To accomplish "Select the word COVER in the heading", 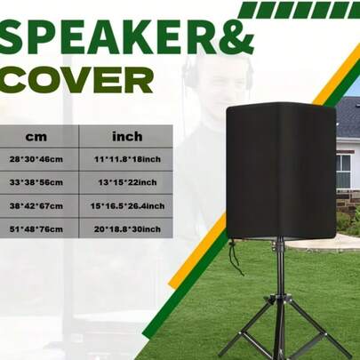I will click(76, 80).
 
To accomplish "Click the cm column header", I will click(36, 137).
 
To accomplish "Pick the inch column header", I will click(127, 137).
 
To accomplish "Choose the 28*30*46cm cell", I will click(37, 159).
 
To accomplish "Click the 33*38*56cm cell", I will click(37, 182).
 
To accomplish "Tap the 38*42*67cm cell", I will click(37, 205).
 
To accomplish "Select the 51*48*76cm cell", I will click(37, 228).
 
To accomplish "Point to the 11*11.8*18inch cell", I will click(127, 159).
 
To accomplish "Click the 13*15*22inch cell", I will click(127, 182).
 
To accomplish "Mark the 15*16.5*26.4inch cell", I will click(127, 205).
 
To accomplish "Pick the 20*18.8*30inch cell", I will click(127, 228).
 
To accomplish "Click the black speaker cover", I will click(281, 169).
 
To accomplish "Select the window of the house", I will click(343, 168).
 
